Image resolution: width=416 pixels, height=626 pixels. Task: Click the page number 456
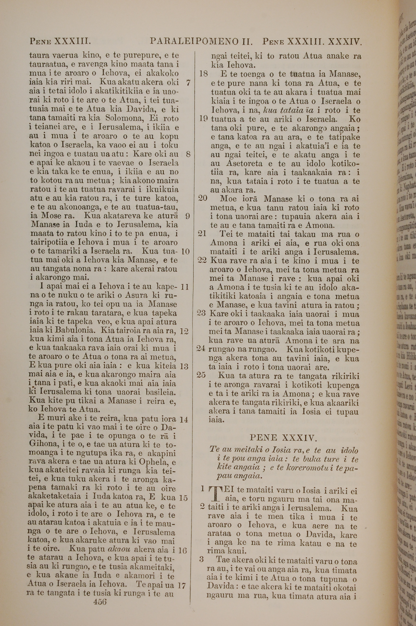click(100, 594)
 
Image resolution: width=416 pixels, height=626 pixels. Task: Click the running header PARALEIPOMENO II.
click(201, 41)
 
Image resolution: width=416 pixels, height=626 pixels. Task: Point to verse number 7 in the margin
click(188, 83)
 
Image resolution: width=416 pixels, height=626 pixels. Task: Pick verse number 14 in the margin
click(184, 420)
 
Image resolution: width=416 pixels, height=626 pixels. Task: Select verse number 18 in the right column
click(203, 74)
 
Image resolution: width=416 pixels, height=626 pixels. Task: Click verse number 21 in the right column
click(202, 234)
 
